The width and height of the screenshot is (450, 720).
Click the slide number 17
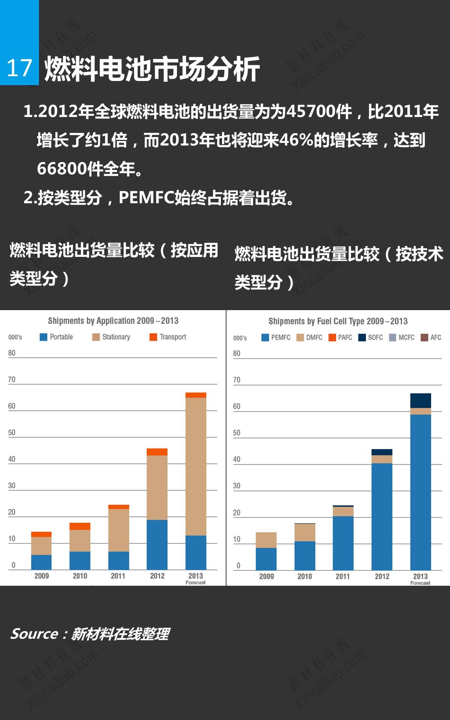pos(19,68)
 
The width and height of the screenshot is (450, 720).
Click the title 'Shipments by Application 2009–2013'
pos(113,321)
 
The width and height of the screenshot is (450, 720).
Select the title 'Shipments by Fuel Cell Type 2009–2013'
pos(337,321)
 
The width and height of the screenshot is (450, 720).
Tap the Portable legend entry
pos(57,337)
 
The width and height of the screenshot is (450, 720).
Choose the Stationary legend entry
pos(111,337)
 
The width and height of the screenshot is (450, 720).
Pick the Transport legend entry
pos(168,337)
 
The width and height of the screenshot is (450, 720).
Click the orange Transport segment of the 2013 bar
pos(196,395)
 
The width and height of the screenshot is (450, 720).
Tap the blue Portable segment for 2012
pos(157,544)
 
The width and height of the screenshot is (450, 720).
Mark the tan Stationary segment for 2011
pos(118,530)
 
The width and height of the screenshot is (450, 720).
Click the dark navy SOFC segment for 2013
pos(420,400)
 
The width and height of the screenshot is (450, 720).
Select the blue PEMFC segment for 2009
pos(266,559)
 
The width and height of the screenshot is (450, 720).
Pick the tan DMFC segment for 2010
pos(304,532)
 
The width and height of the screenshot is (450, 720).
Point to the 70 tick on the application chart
pos(12,379)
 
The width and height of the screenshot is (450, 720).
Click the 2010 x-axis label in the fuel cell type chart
pos(304,576)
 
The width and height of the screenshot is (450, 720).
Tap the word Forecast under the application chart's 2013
pos(195,582)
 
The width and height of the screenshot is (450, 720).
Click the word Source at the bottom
pos(34,634)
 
